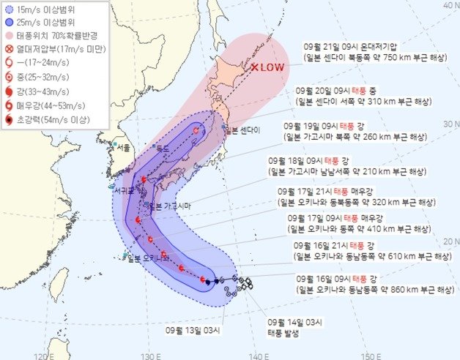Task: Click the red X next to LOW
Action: point(254,68)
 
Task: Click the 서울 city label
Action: point(123,148)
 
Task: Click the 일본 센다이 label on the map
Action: point(242,130)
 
